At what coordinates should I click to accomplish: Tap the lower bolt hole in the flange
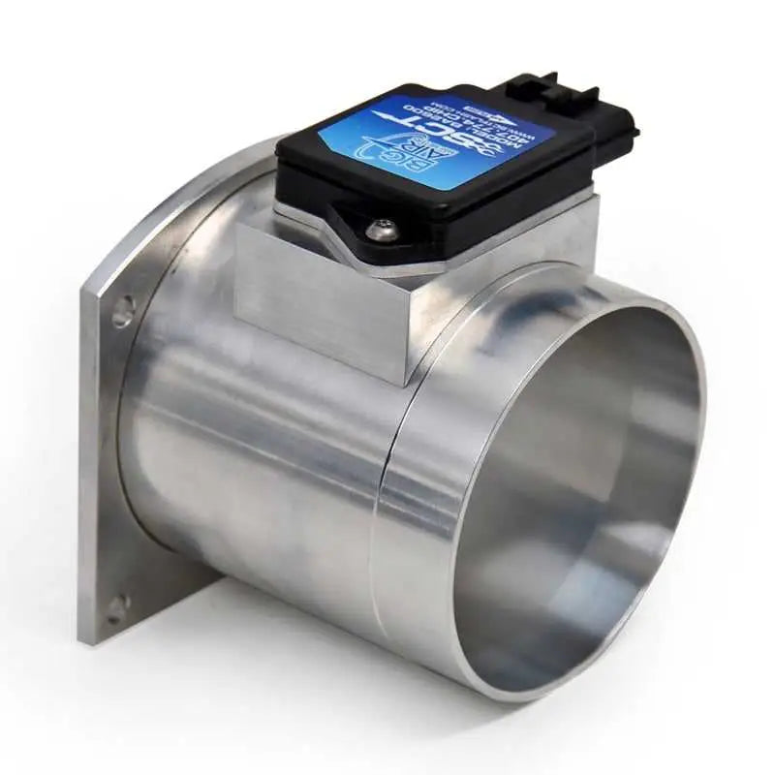tap(117, 608)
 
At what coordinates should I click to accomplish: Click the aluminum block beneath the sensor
tap(320, 291)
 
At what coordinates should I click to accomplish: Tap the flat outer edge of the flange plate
tap(91, 465)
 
